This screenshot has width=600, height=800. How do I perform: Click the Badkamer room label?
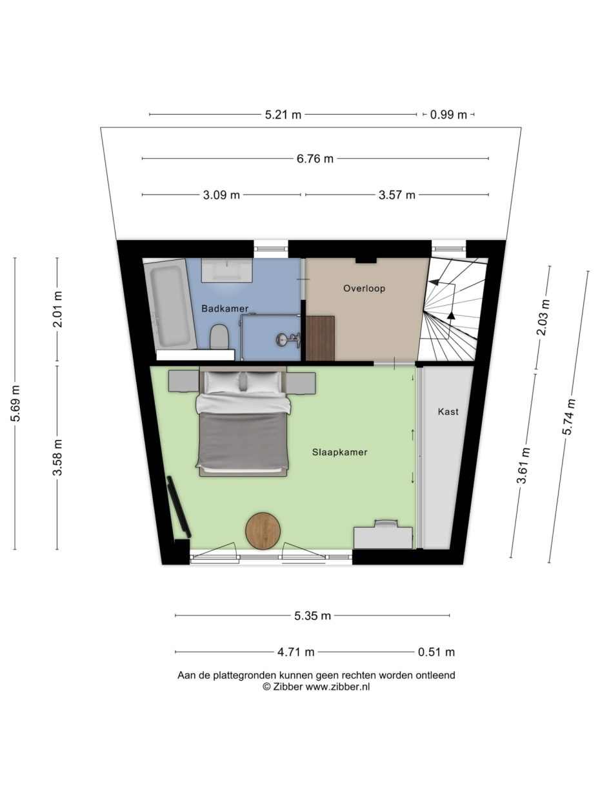coord(225,308)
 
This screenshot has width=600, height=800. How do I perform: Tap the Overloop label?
coord(364,288)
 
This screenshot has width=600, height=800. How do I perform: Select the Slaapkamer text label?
coord(339,452)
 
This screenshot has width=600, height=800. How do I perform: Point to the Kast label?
coord(448,412)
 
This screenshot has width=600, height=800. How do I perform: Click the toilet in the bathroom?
coord(219,336)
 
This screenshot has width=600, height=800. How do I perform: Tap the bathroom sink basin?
coord(227,270)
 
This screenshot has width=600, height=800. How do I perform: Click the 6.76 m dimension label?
coord(315,159)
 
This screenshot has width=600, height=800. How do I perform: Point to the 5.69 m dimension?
coord(15,403)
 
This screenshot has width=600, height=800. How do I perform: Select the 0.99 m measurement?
coord(448,115)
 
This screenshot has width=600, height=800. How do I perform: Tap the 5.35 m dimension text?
coord(312,615)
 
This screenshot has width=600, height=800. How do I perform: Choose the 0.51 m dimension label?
coord(436,652)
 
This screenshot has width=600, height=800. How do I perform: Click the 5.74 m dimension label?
coord(568,417)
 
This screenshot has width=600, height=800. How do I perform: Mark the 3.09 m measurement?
coord(221,195)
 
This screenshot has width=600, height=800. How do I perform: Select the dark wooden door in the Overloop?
coord(320,338)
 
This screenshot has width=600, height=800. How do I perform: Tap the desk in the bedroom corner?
coord(383,535)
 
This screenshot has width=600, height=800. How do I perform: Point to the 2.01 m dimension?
coord(57,309)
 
